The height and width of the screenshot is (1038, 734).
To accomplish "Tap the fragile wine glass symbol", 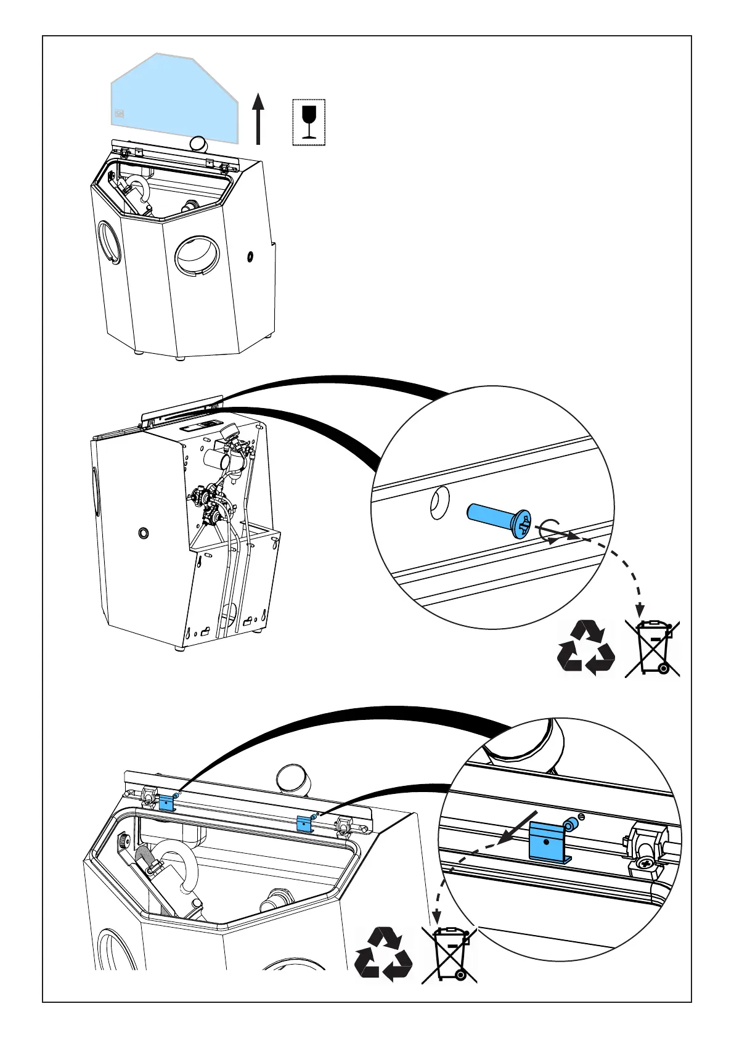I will (x=309, y=122).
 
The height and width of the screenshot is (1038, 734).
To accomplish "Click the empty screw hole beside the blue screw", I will (x=439, y=502).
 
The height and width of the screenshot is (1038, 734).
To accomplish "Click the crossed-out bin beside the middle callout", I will (x=653, y=648).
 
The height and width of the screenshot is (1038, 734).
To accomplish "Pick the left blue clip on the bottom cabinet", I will (x=167, y=803).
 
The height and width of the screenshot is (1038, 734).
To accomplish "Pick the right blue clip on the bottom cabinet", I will (x=305, y=823).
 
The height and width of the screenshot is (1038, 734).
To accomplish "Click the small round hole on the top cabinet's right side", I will (x=251, y=256).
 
